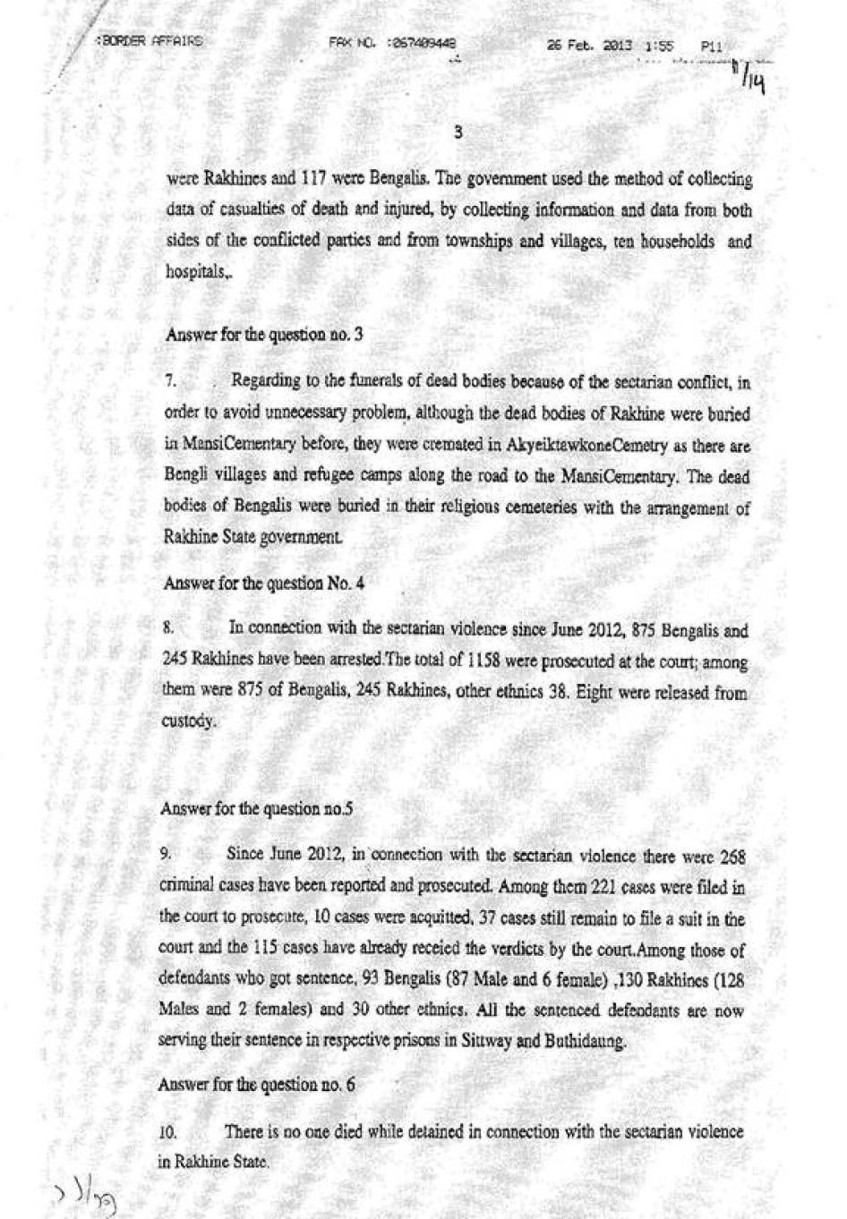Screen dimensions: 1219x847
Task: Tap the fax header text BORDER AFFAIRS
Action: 149,41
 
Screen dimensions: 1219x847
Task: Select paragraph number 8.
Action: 168,629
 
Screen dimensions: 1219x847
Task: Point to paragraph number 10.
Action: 167,1132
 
